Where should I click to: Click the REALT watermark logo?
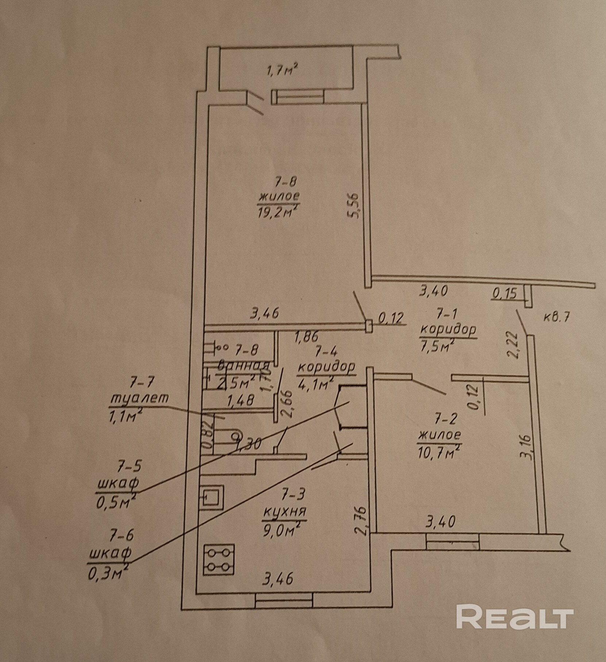click(x=514, y=617)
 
